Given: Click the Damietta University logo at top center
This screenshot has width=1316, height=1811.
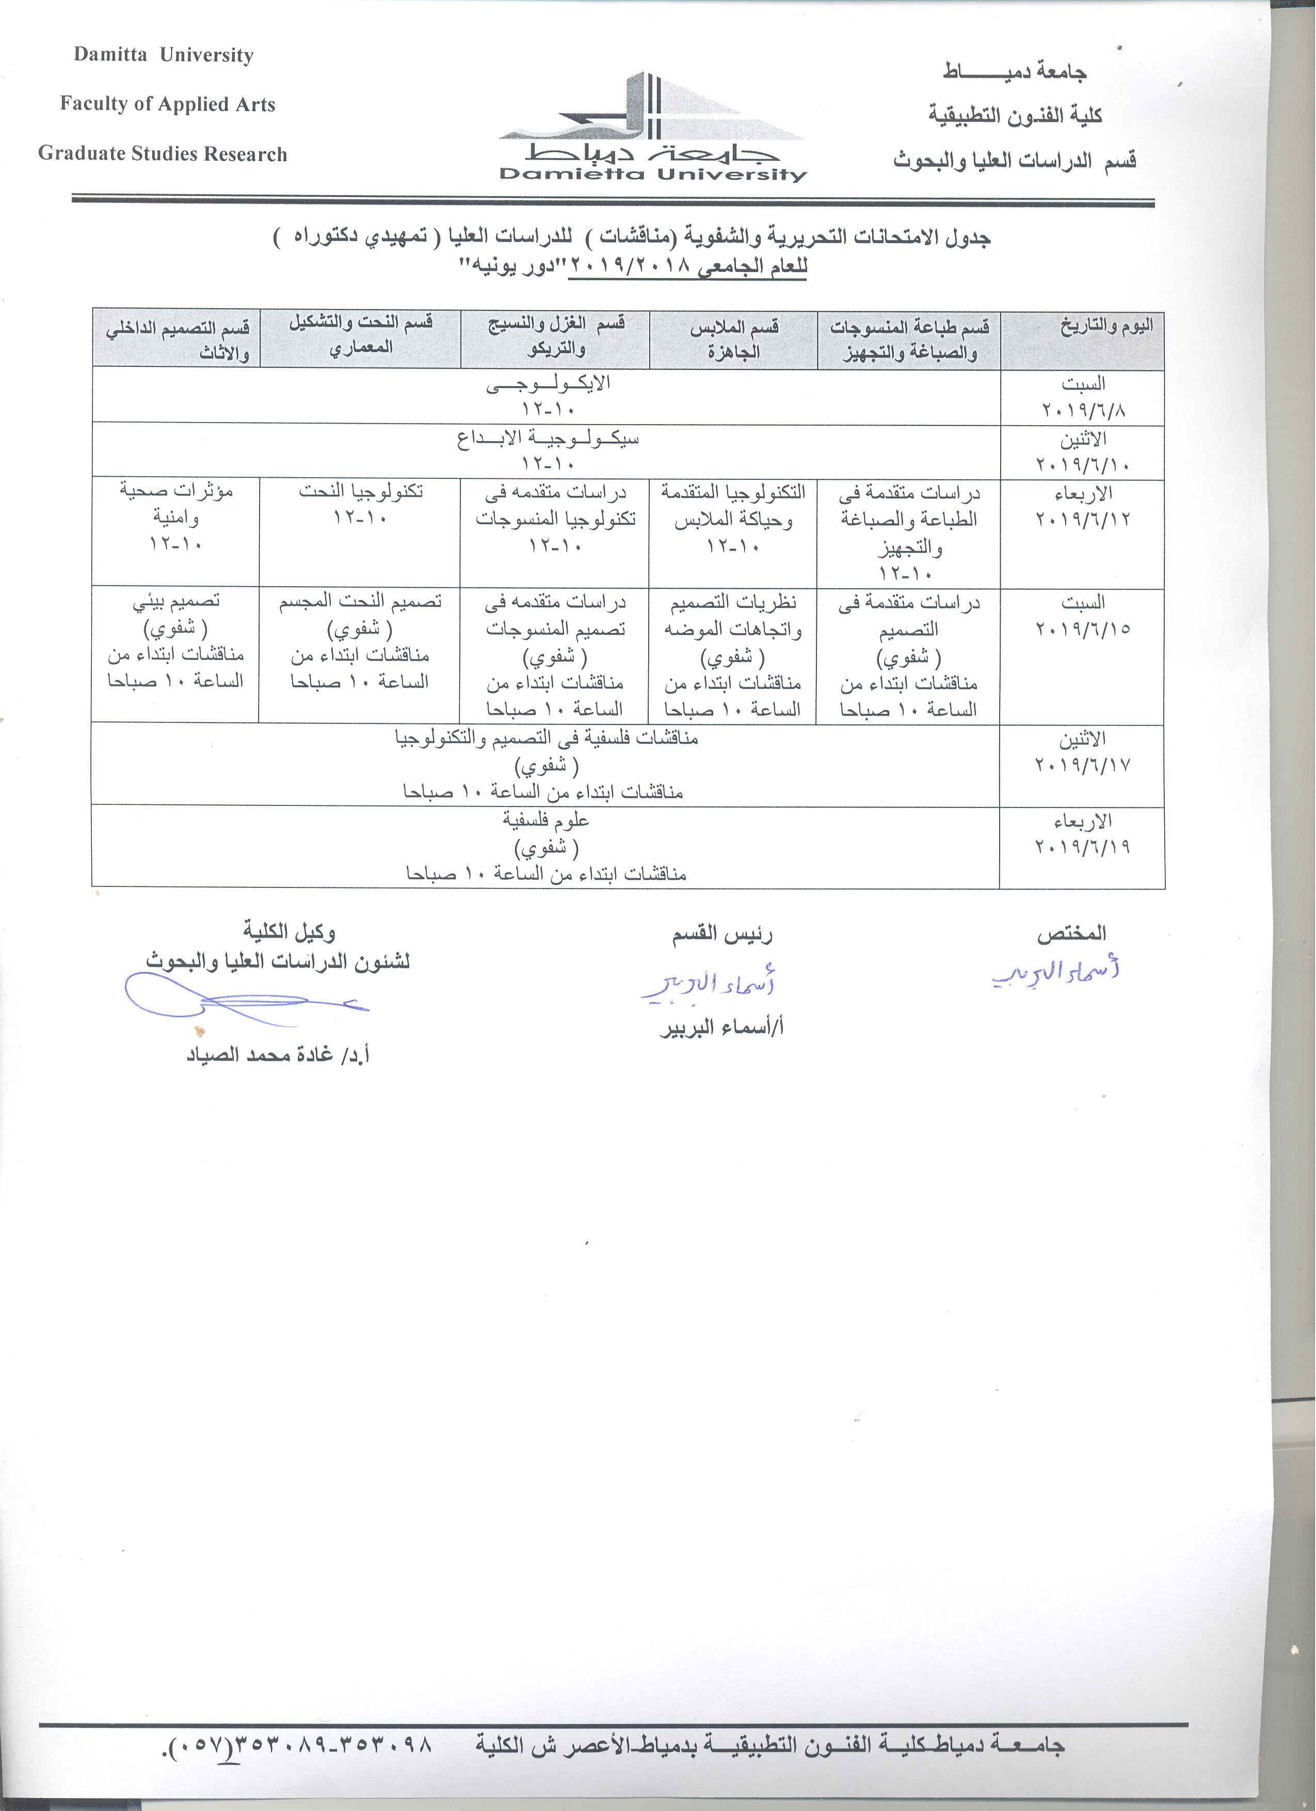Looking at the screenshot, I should pos(652,128).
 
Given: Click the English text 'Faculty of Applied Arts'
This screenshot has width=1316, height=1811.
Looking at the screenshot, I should pos(168,105).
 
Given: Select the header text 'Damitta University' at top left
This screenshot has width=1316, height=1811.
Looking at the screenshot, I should pos(164,55).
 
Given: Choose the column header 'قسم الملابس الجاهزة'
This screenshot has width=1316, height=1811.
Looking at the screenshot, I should pos(733,339).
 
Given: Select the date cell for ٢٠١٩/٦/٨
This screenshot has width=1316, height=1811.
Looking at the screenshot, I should pos(1082,397).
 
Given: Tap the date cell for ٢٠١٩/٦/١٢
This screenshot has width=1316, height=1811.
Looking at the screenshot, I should pos(1082,506).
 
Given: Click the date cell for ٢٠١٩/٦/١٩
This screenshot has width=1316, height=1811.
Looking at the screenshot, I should pos(1082,834).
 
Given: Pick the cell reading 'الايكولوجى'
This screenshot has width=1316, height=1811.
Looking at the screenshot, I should pos(548,395).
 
